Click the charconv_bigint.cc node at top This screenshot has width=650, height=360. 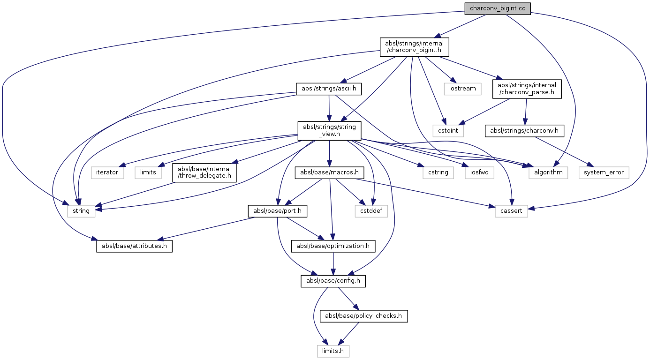point(498,9)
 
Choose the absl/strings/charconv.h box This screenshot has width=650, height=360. point(524,130)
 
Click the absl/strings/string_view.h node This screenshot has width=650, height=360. point(330,130)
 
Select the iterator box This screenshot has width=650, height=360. point(107,172)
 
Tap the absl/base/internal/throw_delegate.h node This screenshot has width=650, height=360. point(204,172)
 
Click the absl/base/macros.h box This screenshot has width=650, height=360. point(329,172)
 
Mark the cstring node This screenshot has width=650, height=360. point(438,172)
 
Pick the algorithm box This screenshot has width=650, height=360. point(548,172)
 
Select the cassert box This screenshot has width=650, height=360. point(511,211)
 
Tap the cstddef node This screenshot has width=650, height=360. point(371,211)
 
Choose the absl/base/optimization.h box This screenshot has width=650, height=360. point(333,246)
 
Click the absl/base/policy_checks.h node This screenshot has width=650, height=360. point(363,315)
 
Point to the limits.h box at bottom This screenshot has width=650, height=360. point(333,350)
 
